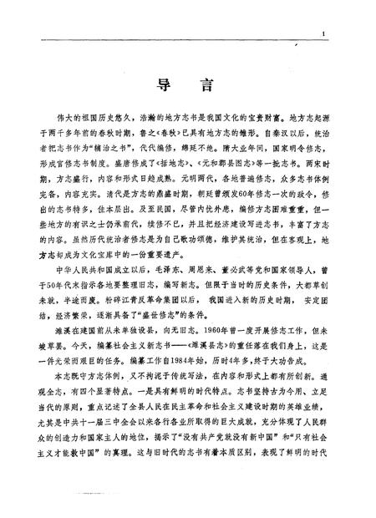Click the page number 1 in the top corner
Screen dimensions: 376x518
[x=322, y=34]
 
